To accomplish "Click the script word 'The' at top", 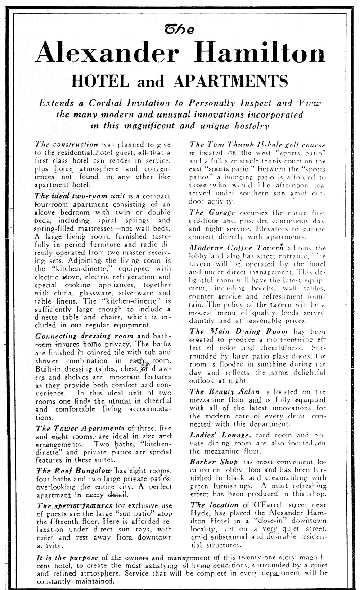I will (180, 30).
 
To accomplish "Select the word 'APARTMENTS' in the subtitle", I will (231, 82).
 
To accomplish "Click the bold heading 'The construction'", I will (66, 145).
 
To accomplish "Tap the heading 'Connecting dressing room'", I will (84, 336).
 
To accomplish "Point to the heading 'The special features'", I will (74, 506).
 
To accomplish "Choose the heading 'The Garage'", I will (207, 212).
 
